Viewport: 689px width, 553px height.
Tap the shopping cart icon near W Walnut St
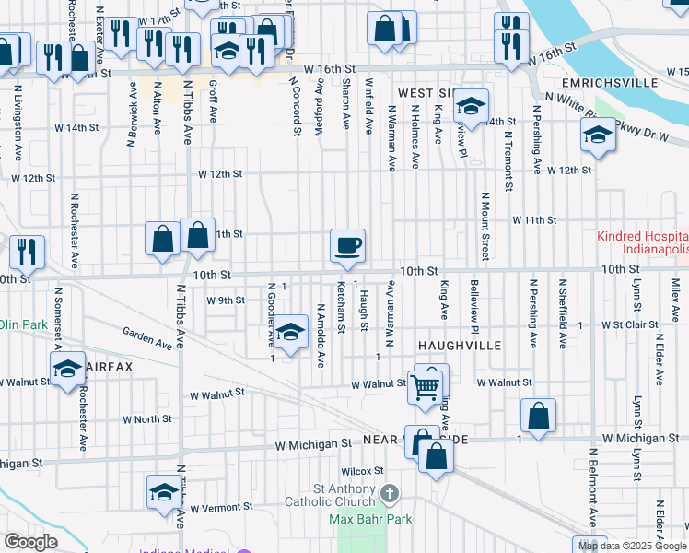tap(424, 387)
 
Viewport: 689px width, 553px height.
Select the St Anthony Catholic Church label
tap(345, 495)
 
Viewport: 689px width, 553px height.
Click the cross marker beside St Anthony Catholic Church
tap(390, 495)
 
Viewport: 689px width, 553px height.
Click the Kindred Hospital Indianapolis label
tap(642, 243)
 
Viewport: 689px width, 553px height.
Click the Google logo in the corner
tap(30, 542)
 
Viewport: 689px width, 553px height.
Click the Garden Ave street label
tap(147, 337)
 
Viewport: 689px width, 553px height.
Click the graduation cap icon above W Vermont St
tap(163, 491)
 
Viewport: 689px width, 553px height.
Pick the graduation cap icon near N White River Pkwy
tap(597, 137)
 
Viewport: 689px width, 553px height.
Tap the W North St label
tap(134, 418)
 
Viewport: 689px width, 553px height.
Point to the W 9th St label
tap(226, 300)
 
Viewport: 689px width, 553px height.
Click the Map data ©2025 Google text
tap(632, 546)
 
